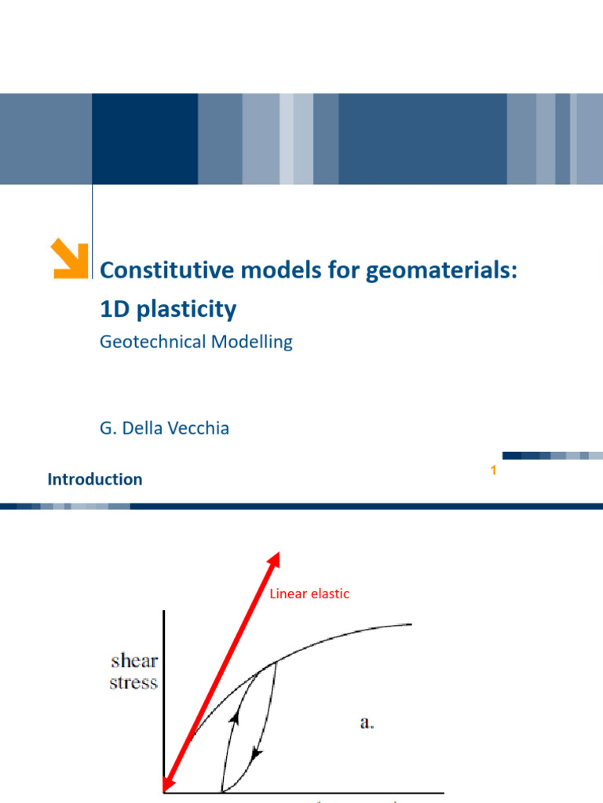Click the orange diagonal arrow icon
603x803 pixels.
point(69,260)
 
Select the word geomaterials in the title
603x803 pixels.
point(448,271)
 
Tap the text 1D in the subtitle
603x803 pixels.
point(114,310)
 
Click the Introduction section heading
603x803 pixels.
point(95,479)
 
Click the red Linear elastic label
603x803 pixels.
point(309,594)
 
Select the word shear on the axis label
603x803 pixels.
point(133,660)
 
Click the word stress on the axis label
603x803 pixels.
point(133,682)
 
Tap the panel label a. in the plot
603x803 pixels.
point(367,723)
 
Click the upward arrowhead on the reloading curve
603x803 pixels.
point(233,717)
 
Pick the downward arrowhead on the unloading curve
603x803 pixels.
point(256,754)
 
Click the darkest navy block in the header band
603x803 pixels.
point(144,139)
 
